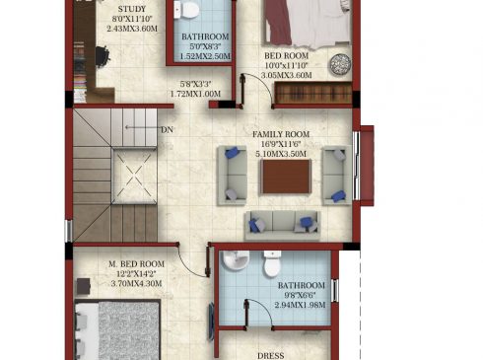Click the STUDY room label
pyautogui.click(x=132, y=9)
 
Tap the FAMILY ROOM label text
pyautogui.click(x=281, y=134)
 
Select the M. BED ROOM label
pyautogui.click(x=136, y=264)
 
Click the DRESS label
pyautogui.click(x=271, y=356)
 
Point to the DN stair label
pyautogui.click(x=167, y=130)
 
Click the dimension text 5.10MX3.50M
pyautogui.click(x=281, y=154)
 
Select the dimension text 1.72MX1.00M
pyautogui.click(x=195, y=94)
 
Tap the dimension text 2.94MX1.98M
pyautogui.click(x=301, y=305)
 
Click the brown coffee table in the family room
pyautogui.click(x=286, y=177)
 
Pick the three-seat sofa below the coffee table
pyautogui.click(x=282, y=225)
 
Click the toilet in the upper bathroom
pyautogui.click(x=186, y=9)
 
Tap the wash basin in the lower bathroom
pyautogui.click(x=236, y=260)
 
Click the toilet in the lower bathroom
pyautogui.click(x=272, y=263)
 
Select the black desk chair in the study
pyautogui.click(x=103, y=56)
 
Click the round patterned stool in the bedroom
pyautogui.click(x=340, y=64)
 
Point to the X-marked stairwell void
pyautogui.click(x=134, y=176)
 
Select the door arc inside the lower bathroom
pyautogui.click(x=263, y=308)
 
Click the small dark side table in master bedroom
pyautogui.click(x=84, y=287)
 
